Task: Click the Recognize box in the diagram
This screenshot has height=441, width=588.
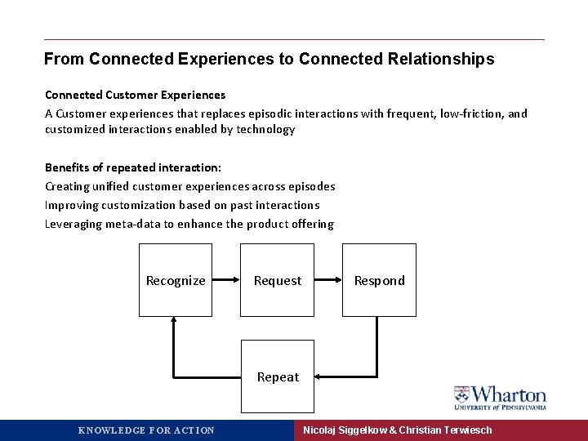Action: (175, 280)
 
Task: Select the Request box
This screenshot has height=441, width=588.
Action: (278, 280)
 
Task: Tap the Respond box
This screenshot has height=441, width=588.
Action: (379, 280)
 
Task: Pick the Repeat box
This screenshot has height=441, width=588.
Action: (278, 376)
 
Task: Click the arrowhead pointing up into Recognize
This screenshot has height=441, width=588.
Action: (174, 322)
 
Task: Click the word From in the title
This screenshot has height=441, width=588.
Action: (65, 60)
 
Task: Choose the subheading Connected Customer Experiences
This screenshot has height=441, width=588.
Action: (135, 96)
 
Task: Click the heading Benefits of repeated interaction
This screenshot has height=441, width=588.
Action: (127, 167)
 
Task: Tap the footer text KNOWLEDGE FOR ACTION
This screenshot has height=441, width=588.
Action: (146, 430)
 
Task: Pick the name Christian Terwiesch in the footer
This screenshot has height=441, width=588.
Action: (446, 430)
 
